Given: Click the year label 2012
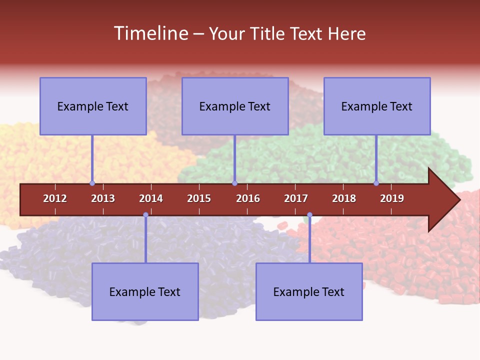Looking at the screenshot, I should coord(55,198).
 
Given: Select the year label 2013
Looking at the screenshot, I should coord(103,198).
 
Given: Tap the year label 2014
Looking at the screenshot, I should coord(151,198).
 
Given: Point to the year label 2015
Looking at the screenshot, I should coord(199,198).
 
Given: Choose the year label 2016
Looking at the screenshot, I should coord(248,198).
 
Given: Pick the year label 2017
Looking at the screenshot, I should coord(296,198).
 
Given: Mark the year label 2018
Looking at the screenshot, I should coord(344,198).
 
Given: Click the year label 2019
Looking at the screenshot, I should coord(392,198).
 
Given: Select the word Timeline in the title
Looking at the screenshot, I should coord(150,33).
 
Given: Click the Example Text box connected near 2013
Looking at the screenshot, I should coord(93,106).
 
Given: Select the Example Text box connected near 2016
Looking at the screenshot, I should coord(235,106).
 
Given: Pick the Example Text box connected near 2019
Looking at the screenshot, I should coord(377,106).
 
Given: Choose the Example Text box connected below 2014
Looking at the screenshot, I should coord(145,291).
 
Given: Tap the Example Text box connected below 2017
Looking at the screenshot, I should coord(309,291).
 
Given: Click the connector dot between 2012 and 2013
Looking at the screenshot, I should coord(92,183).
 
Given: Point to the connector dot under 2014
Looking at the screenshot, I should coord(145,215).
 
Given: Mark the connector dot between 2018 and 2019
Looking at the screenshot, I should coord(376,183).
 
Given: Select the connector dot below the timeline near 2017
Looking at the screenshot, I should coord(309,215).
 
